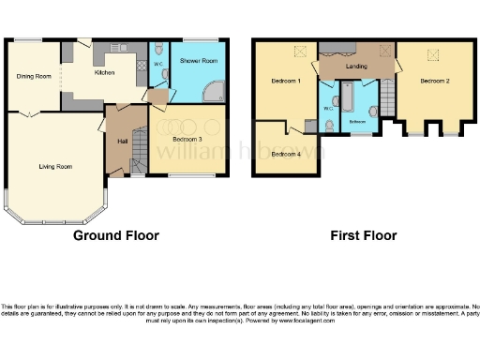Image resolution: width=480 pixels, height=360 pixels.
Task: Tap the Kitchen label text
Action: (104, 71)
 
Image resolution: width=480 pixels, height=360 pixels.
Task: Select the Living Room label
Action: (55, 167)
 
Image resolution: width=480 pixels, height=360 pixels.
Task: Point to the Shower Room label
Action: (199, 61)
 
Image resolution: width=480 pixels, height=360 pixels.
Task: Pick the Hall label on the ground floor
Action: (122, 141)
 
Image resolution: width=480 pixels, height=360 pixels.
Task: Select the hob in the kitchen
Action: (141, 65)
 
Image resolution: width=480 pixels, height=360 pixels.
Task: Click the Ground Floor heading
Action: (115, 235)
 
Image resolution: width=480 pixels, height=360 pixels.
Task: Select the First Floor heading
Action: (363, 235)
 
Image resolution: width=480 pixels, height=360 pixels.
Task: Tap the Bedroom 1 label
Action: (285, 82)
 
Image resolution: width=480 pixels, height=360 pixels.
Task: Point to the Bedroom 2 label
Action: (434, 82)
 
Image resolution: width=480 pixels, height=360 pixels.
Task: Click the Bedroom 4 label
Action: (286, 154)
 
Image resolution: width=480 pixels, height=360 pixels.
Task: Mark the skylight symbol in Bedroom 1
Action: (300, 53)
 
